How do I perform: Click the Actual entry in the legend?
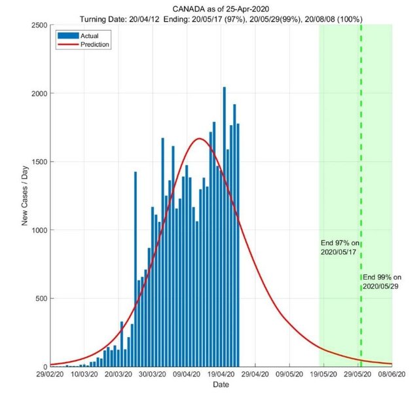tap(84, 35)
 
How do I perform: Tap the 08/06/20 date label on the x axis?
tap(392, 376)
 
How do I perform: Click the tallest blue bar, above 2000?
tap(225, 92)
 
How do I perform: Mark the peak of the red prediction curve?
tap(200, 139)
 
